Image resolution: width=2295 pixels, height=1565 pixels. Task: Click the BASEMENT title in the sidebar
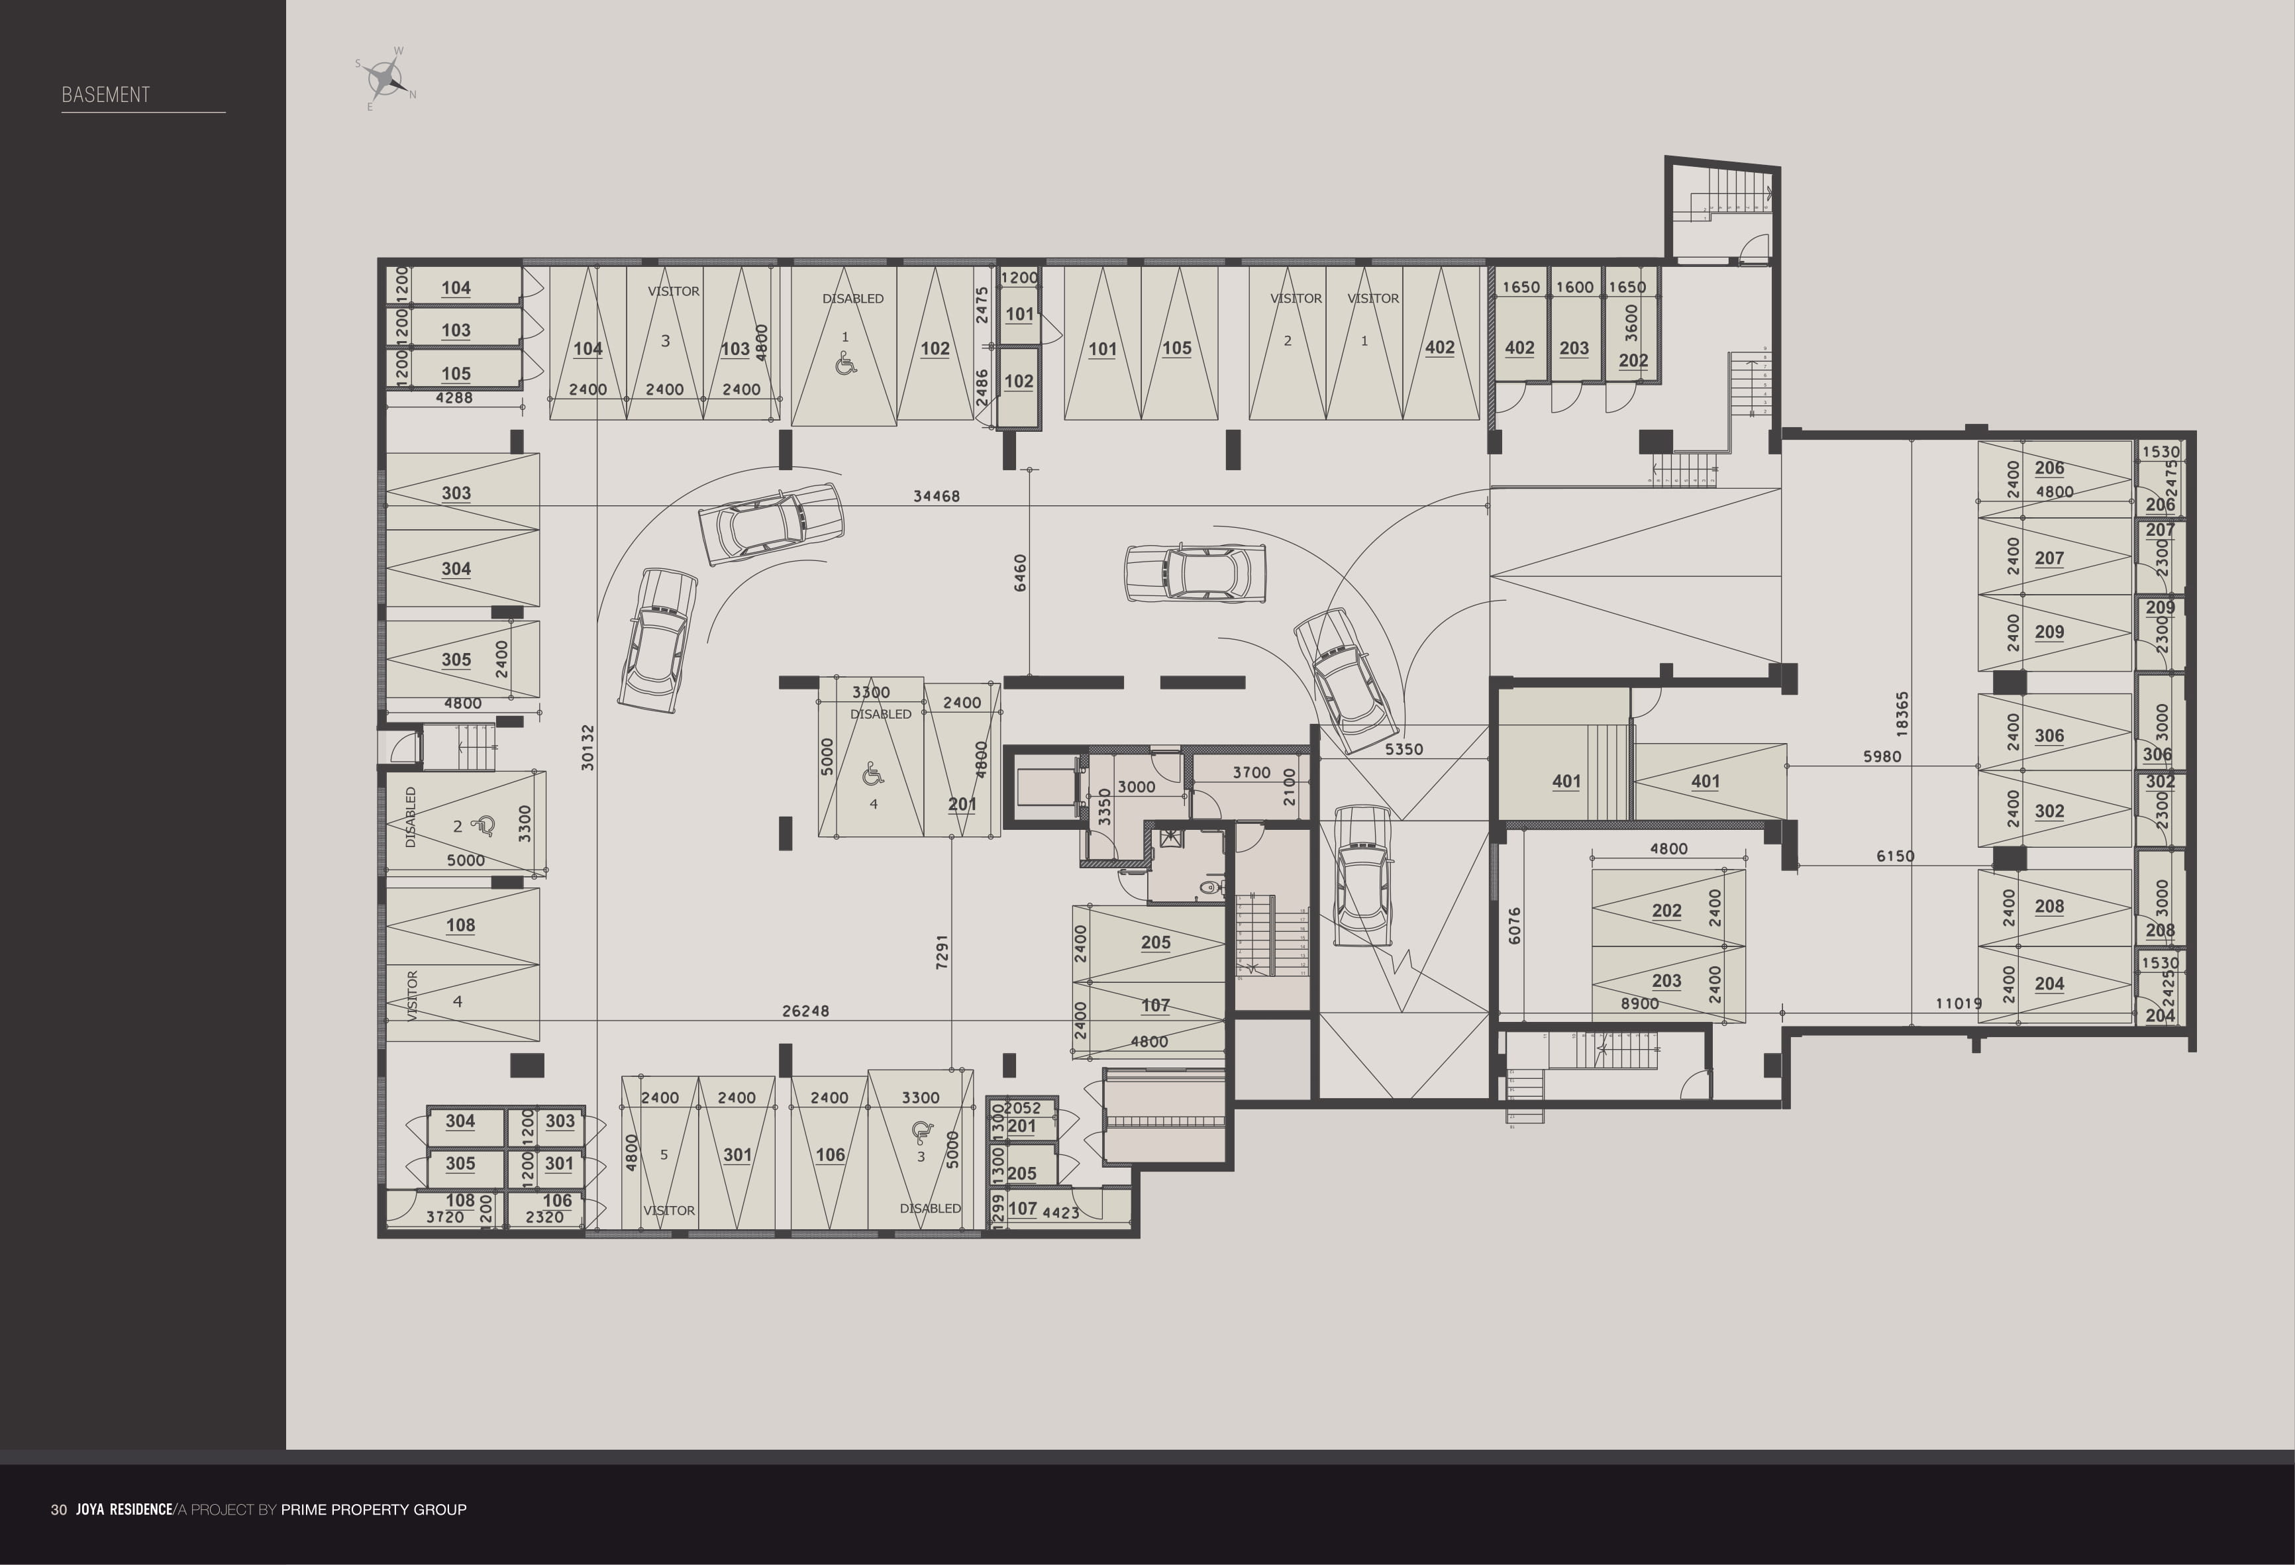tap(106, 95)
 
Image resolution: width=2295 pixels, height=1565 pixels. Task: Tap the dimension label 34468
tap(935, 495)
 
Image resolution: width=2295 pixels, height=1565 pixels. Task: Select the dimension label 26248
tap(805, 1010)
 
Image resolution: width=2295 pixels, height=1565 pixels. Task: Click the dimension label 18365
tap(1902, 713)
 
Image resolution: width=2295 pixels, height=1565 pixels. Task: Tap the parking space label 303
tap(456, 493)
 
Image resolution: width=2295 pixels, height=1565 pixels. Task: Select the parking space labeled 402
tap(1439, 348)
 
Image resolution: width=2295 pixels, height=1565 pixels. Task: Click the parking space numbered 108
tap(460, 925)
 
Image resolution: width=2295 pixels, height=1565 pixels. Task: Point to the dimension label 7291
tap(941, 951)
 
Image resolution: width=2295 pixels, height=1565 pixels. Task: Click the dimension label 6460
tap(1020, 573)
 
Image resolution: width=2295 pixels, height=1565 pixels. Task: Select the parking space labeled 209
tap(2049, 632)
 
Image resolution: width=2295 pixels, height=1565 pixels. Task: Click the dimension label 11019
tap(1957, 1003)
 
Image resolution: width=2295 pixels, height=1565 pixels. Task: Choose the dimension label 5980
tap(1881, 756)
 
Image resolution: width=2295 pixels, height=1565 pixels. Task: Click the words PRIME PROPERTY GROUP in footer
tap(374, 1509)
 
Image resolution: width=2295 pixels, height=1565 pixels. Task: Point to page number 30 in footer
tap(59, 1509)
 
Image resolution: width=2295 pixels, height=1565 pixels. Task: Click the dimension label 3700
tap(1251, 772)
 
